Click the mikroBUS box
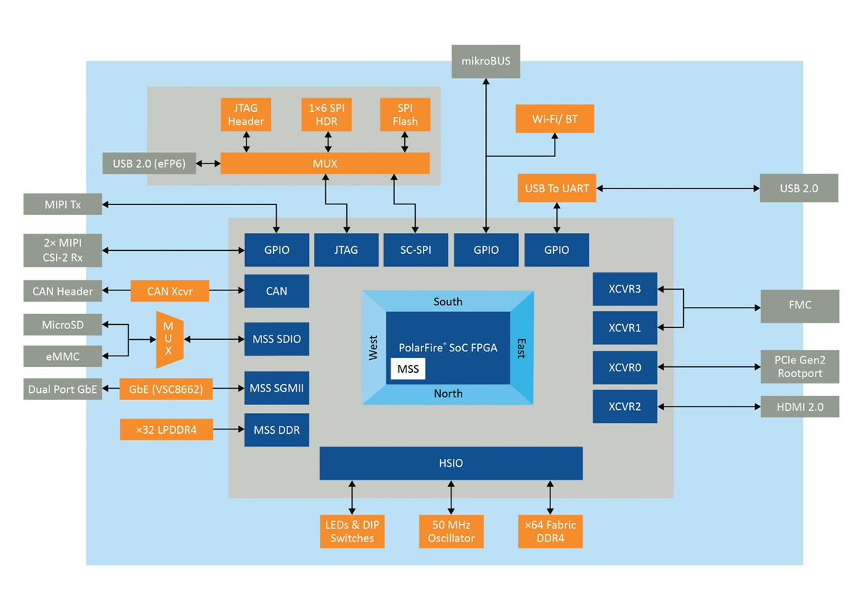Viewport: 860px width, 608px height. (486, 62)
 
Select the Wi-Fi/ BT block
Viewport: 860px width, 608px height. (555, 118)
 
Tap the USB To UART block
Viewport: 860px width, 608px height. (557, 189)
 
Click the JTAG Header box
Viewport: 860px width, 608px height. (246, 115)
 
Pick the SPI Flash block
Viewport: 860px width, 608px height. (405, 115)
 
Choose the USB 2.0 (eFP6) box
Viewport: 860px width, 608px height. (149, 163)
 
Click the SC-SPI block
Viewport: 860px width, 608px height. (416, 250)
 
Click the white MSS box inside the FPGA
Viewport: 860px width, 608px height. (408, 369)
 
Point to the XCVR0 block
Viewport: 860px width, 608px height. (625, 368)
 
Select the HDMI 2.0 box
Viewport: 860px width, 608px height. (799, 407)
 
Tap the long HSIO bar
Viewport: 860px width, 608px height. (450, 463)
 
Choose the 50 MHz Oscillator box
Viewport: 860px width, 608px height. (451, 531)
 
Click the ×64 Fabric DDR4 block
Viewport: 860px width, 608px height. (550, 531)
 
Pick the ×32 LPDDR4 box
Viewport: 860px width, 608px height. (166, 430)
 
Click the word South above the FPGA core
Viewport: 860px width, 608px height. (448, 302)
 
